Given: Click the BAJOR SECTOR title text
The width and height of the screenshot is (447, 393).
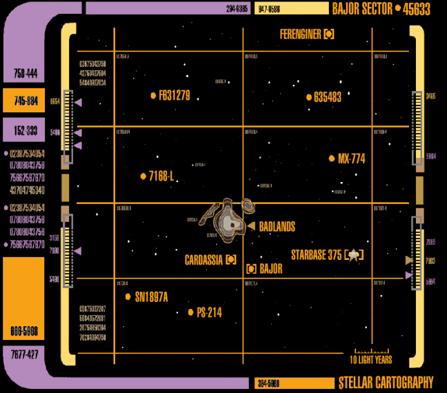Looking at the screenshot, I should [361, 9].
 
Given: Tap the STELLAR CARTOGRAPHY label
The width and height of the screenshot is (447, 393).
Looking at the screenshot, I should [386, 383].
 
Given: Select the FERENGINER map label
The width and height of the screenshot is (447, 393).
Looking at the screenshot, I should [301, 34].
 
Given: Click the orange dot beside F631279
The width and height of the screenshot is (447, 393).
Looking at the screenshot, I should [153, 96].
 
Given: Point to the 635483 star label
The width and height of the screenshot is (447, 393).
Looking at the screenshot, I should [327, 97].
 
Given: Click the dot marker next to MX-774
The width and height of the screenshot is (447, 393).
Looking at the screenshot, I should [332, 159].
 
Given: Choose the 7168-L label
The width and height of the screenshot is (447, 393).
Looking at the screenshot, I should [161, 177].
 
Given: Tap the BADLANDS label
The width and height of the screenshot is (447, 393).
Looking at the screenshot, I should [277, 226].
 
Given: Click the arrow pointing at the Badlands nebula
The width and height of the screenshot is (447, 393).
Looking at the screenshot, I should [252, 226].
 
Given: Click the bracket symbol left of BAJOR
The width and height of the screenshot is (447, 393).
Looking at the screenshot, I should [251, 269].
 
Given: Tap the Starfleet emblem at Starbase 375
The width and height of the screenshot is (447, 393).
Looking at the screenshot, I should [354, 255].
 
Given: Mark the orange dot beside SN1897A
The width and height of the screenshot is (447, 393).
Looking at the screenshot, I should [128, 296].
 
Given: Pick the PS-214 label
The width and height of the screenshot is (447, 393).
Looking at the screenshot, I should [209, 312].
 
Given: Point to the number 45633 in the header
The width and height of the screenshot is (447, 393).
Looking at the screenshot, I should [417, 9].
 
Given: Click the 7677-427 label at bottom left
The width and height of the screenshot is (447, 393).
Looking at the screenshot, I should [25, 354].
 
